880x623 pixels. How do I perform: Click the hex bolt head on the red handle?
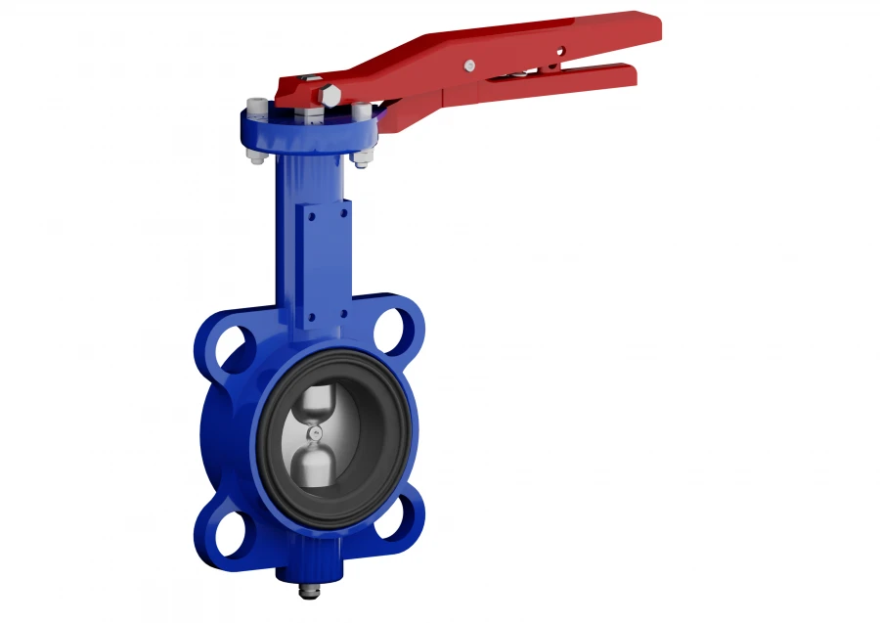[330, 96]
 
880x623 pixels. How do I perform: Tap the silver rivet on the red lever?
[470, 66]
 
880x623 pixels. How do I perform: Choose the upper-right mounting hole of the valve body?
[395, 330]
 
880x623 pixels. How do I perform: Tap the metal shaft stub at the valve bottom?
[312, 590]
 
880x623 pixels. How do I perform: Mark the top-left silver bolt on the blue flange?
[257, 106]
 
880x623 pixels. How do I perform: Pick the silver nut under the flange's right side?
[362, 156]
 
